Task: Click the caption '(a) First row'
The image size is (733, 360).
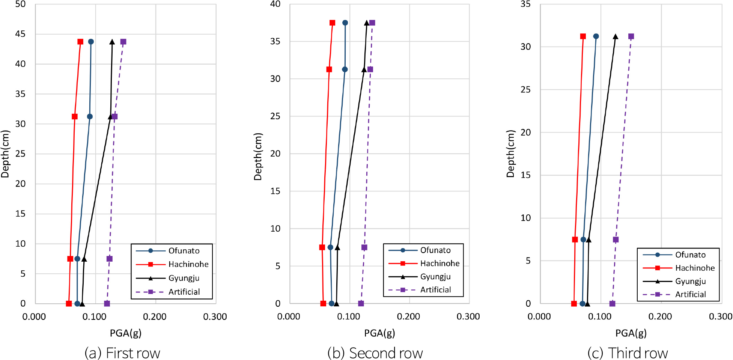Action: pyautogui.click(x=122, y=353)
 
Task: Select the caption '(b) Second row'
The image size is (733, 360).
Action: pyautogui.click(x=375, y=353)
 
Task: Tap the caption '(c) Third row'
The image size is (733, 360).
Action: pyautogui.click(x=628, y=353)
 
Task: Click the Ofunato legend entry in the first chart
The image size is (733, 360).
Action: pyautogui.click(x=184, y=251)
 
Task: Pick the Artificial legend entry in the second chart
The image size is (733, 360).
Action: pyautogui.click(x=435, y=290)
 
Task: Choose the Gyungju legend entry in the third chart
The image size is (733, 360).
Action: pyautogui.click(x=690, y=281)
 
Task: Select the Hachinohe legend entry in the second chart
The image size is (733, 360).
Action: pyautogui.click(x=439, y=264)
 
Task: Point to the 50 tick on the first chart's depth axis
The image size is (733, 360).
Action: pyautogui.click(x=20, y=4)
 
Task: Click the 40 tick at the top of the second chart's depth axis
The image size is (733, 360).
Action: pyautogui.click(x=275, y=4)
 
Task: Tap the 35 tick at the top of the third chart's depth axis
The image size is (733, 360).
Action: pyautogui.click(x=525, y=4)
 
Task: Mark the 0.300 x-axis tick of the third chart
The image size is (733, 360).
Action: pyautogui.click(x=720, y=316)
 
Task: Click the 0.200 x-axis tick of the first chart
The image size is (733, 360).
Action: pyautogui.click(x=155, y=316)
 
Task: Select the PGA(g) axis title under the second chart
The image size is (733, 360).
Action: pyautogui.click(x=379, y=333)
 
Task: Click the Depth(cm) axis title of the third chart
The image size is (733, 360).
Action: pyautogui.click(x=510, y=154)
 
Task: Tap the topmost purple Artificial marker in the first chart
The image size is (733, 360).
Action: pyautogui.click(x=123, y=42)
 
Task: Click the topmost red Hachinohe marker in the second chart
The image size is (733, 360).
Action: pyautogui.click(x=332, y=23)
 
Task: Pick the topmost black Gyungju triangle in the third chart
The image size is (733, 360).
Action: pyautogui.click(x=616, y=36)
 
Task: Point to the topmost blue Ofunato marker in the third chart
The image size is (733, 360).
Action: pyautogui.click(x=596, y=36)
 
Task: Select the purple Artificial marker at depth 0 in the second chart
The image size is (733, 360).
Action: pyautogui.click(x=361, y=303)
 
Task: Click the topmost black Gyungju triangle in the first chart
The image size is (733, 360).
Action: pyautogui.click(x=112, y=42)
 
